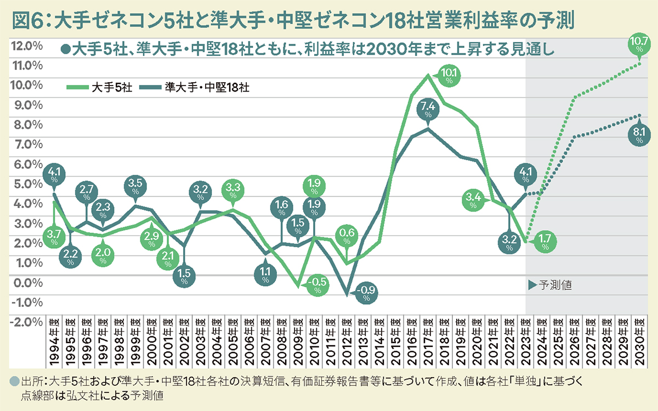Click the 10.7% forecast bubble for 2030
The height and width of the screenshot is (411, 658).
639,43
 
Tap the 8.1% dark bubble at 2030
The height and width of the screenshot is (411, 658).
639,134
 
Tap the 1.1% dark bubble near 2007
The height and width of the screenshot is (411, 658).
265,272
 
